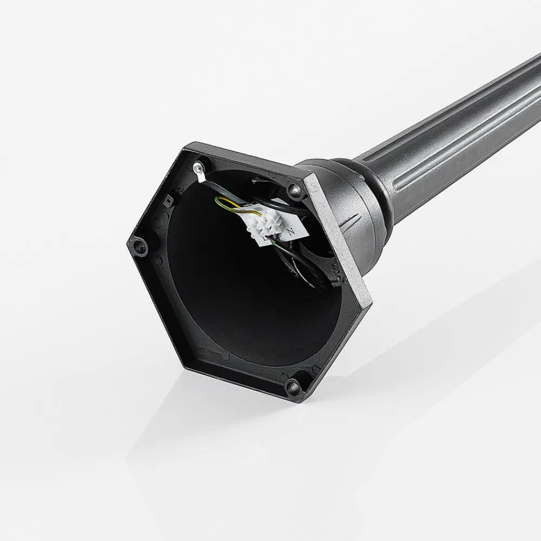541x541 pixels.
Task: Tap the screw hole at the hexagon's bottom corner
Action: tap(292, 385)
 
